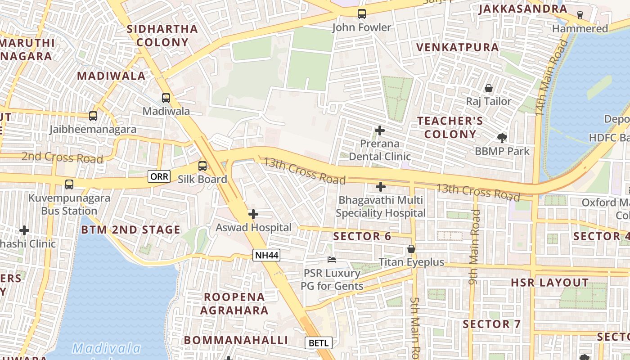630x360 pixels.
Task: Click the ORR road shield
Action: point(159,176)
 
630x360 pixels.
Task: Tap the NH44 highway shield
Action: point(267,256)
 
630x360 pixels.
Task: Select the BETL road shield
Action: point(319,343)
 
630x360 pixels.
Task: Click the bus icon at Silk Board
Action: point(202,166)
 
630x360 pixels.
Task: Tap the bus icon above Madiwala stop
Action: point(166,98)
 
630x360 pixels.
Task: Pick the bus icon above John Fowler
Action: point(362,14)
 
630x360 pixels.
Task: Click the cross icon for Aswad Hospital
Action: point(253,214)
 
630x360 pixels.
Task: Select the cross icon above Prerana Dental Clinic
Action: point(380,130)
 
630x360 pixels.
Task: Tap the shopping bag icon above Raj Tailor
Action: point(489,88)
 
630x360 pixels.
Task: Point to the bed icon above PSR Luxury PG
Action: point(332,260)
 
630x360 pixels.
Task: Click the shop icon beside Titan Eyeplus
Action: point(411,249)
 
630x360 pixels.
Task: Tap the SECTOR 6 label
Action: point(362,236)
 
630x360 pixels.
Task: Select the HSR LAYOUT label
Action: point(549,283)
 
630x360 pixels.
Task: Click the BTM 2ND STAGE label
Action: point(130,229)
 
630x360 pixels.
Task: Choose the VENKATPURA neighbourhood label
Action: point(457,47)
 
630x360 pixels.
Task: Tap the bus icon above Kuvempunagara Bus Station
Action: point(69,184)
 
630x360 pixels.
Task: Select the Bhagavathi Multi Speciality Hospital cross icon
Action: point(381,186)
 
